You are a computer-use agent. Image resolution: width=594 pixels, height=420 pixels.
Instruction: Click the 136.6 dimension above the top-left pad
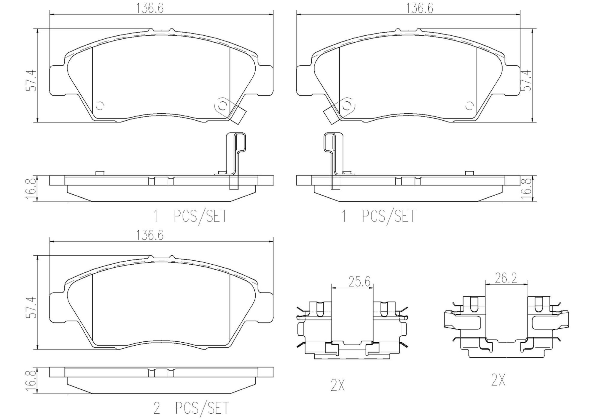pos(150,8)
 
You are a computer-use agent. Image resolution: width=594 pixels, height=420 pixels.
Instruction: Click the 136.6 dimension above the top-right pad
pos(419,8)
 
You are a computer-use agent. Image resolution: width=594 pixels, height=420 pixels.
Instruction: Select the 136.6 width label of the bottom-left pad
pos(150,235)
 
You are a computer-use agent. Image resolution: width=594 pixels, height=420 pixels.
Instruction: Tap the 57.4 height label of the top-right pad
pos(527,80)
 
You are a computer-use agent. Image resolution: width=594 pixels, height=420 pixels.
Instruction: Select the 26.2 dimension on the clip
pos(506,278)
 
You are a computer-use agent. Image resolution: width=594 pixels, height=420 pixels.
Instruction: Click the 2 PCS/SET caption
pos(191,408)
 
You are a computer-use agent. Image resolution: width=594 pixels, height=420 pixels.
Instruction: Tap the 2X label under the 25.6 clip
pos(338,385)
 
